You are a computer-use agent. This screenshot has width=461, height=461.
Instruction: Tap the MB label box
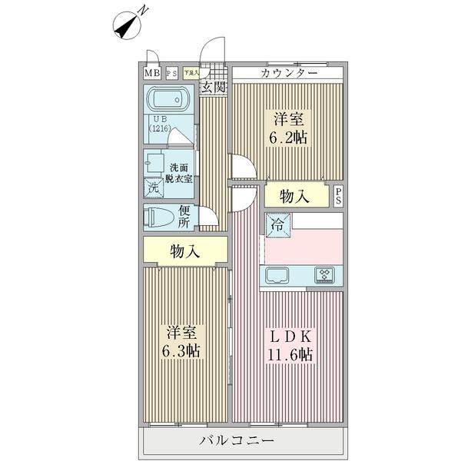(152, 74)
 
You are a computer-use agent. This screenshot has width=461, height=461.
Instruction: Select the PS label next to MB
(171, 74)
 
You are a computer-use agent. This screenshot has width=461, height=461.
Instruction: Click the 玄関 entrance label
(213, 87)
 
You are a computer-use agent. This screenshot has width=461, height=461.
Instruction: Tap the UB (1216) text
(159, 125)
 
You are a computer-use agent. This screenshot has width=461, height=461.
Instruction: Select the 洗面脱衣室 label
(181, 173)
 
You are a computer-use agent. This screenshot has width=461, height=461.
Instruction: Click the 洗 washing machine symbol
(153, 187)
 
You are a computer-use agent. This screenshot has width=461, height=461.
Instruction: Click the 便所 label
(184, 217)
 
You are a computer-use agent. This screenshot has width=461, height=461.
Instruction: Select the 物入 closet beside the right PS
(294, 196)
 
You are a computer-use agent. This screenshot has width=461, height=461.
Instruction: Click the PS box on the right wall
(338, 196)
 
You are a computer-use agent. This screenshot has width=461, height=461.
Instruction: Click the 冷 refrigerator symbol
(276, 225)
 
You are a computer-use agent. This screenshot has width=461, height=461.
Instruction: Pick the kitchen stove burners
(323, 275)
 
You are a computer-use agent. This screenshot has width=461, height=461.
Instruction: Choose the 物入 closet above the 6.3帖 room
(184, 250)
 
